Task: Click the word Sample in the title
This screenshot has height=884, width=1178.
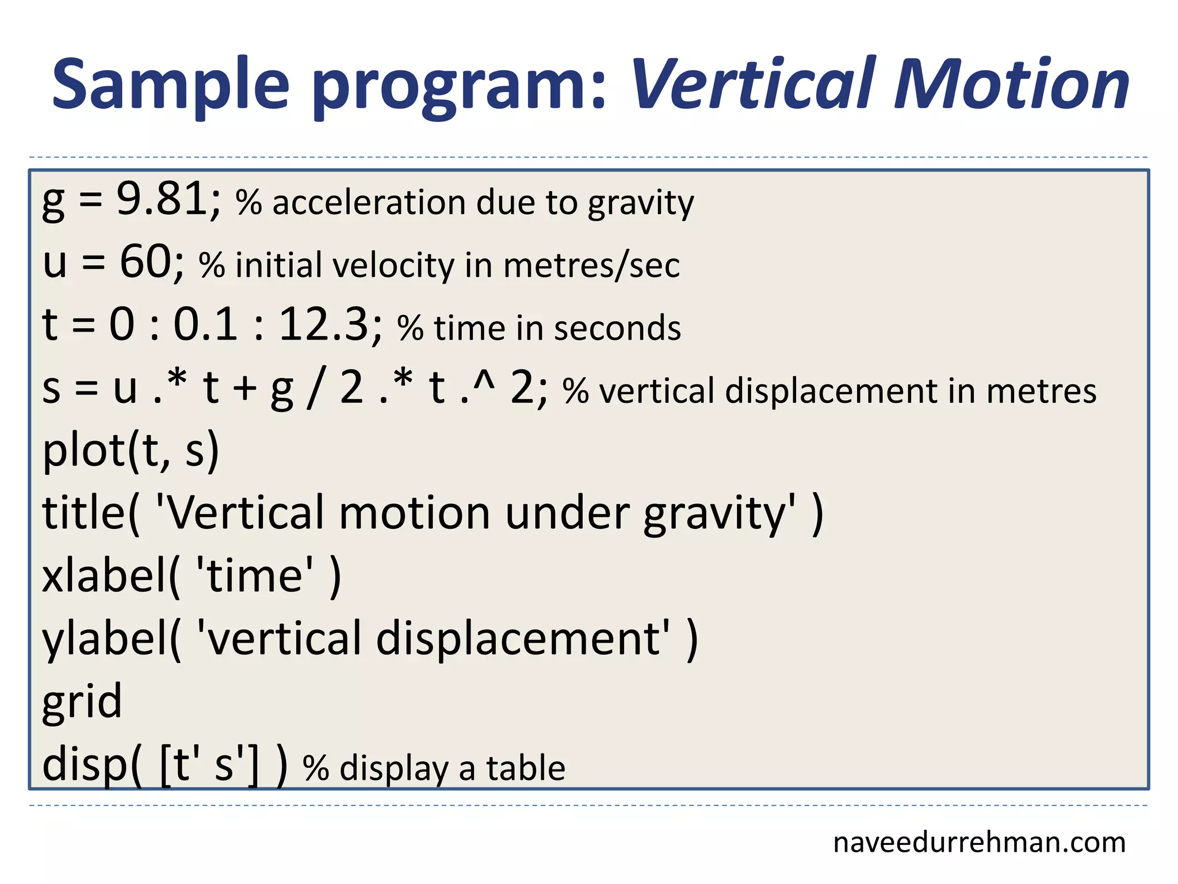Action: (x=170, y=85)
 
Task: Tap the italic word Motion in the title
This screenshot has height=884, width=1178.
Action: (x=1012, y=85)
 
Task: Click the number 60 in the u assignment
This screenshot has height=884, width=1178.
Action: (x=145, y=262)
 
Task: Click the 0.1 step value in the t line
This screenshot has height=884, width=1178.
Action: (x=206, y=325)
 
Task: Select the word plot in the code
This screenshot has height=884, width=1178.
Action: (x=84, y=451)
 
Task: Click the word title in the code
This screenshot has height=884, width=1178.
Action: (x=84, y=512)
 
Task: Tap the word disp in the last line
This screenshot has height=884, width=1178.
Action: (x=84, y=764)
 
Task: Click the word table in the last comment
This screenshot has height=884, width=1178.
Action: (x=526, y=768)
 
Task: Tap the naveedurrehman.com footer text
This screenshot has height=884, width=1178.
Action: (x=979, y=843)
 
